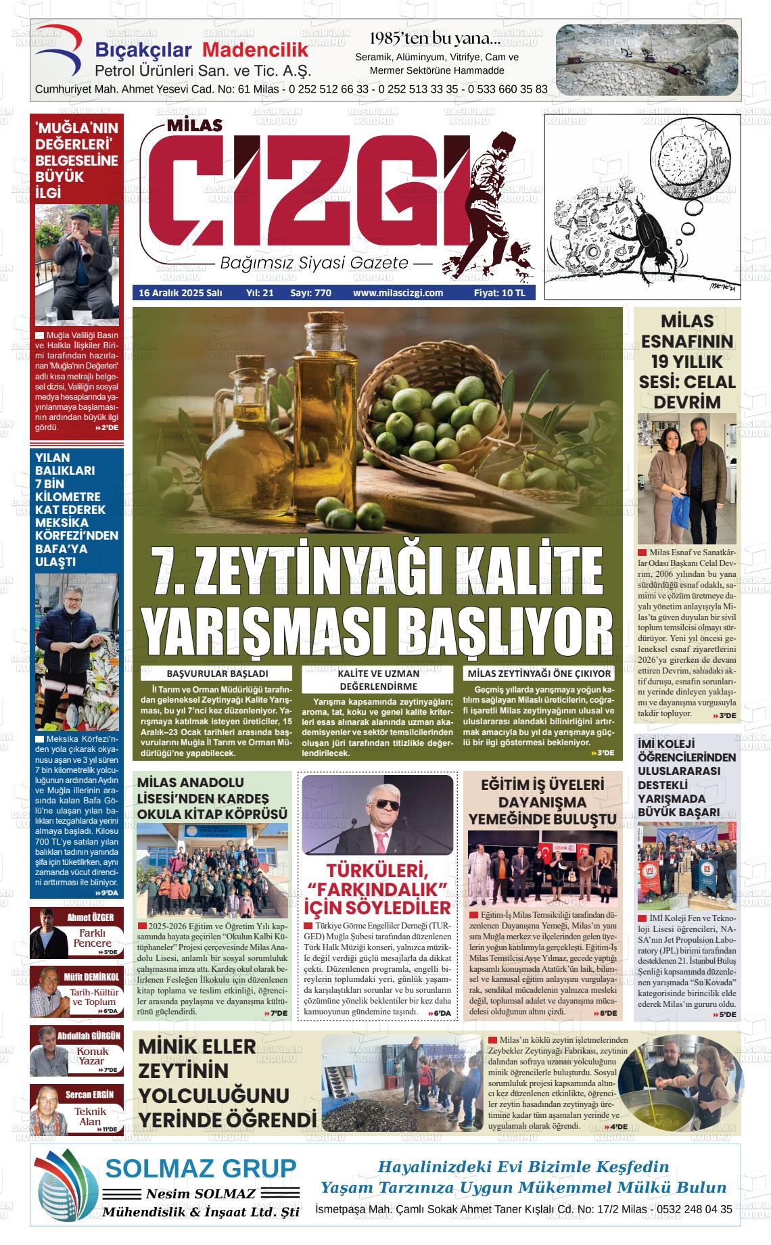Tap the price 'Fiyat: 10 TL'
(x=499, y=293)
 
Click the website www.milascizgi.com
(x=398, y=293)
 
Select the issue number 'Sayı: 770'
(x=310, y=293)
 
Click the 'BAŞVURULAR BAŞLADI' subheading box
(x=217, y=674)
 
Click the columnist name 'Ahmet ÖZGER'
(x=90, y=918)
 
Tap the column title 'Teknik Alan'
(x=91, y=1116)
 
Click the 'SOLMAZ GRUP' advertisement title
(x=200, y=1168)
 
